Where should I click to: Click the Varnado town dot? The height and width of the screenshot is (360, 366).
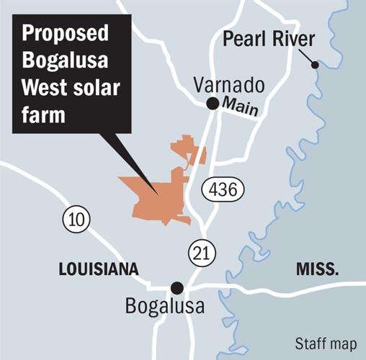click(213, 104)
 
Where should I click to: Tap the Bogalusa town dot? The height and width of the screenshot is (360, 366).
click(177, 287)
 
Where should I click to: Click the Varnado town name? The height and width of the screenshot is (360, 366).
click(230, 86)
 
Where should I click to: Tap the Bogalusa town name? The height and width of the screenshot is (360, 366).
click(164, 307)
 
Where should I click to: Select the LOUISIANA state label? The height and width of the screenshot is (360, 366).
click(97, 269)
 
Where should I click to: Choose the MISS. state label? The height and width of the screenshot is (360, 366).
click(317, 269)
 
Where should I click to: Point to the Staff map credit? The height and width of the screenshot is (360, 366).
click(325, 343)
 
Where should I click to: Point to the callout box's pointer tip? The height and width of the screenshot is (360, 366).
click(159, 193)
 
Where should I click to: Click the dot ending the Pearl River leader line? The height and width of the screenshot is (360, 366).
click(314, 66)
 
